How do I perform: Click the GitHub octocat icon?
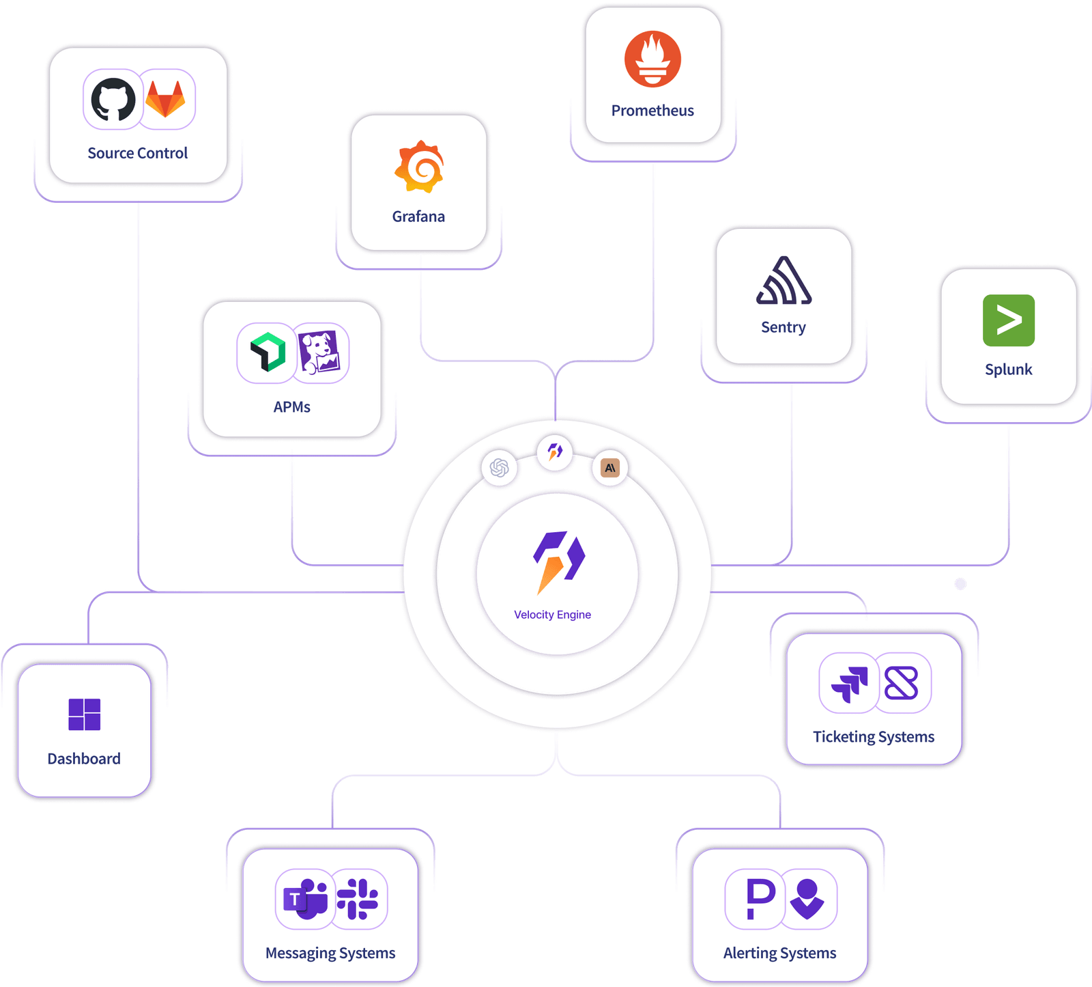[x=113, y=99]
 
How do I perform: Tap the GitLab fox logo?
[x=165, y=99]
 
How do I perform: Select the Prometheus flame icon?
[x=652, y=59]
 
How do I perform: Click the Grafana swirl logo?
[x=419, y=167]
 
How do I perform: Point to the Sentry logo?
[x=784, y=280]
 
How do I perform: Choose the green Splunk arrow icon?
[x=1009, y=320]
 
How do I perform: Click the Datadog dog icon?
[x=319, y=352]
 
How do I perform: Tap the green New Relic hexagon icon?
[x=268, y=352]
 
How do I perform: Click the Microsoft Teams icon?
[x=306, y=899]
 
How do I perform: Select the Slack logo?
[x=358, y=899]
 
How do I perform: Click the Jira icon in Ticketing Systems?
[x=850, y=684]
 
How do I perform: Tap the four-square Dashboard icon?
[x=85, y=714]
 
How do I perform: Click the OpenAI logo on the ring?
[x=500, y=468]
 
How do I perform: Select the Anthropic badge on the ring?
[x=610, y=468]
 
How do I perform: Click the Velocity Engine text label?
[x=553, y=615]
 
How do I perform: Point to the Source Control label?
[x=138, y=153]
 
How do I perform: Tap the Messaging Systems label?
[x=330, y=954]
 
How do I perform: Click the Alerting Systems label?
[x=780, y=954]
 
